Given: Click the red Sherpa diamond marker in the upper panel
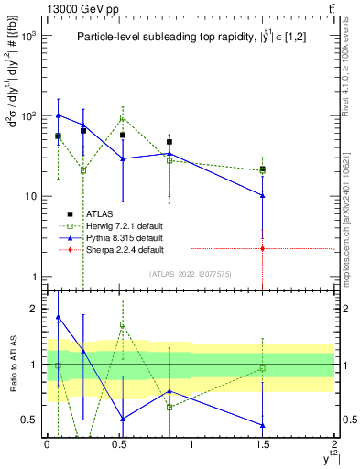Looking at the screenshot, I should pos(263,248).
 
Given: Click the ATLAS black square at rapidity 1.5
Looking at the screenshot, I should pos(263,169).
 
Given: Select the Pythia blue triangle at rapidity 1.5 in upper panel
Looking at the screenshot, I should pos(263,195).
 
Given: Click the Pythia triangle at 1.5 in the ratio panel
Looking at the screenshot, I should pos(263,425).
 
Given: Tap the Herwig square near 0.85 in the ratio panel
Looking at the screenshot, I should pos(169,407).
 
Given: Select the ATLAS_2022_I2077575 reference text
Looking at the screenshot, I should pos(191,274).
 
